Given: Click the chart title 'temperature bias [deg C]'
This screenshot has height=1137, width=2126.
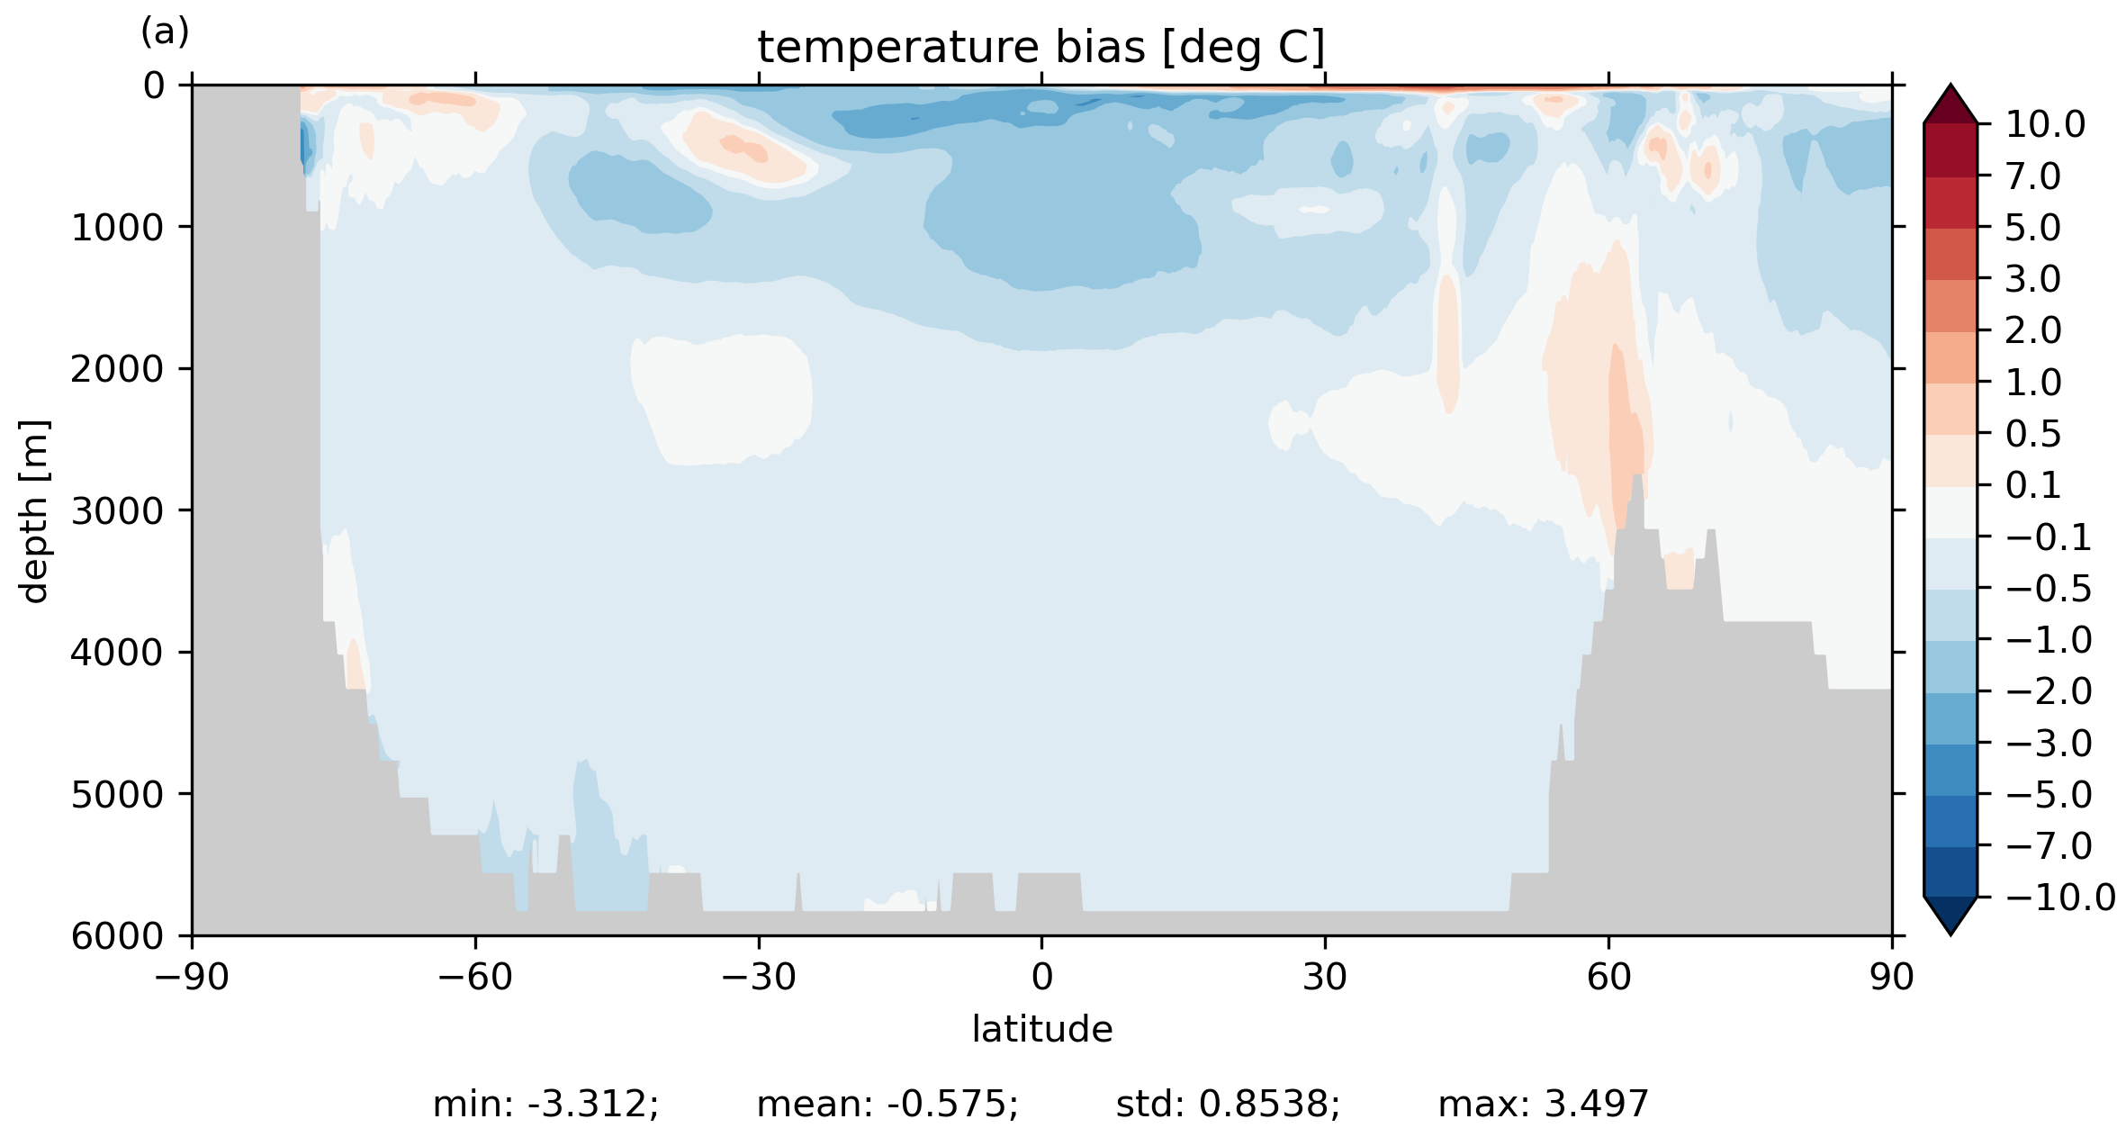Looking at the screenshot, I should [x=1040, y=48].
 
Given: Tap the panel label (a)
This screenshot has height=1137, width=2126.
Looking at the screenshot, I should [x=165, y=32].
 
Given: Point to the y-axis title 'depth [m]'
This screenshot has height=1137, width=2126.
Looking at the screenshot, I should [x=34, y=510].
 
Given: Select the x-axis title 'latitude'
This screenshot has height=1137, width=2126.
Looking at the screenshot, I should [x=1041, y=1029].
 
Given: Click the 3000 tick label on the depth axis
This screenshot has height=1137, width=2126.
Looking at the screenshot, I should [x=117, y=511].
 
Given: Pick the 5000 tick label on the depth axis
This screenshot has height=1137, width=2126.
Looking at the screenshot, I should [x=117, y=795].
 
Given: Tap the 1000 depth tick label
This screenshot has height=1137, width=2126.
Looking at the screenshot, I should [x=117, y=228].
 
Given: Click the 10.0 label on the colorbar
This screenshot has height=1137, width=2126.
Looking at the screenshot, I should [x=2044, y=125].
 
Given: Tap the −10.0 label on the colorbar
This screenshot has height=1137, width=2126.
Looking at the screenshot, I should [x=2060, y=898].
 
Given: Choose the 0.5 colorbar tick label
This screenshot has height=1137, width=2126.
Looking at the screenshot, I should [x=2032, y=435].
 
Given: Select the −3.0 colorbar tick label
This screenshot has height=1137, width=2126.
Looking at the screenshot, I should [x=2049, y=744].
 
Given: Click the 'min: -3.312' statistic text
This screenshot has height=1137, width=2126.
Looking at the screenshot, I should [x=545, y=1105].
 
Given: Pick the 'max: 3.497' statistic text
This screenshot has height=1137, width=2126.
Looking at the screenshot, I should [x=1543, y=1105].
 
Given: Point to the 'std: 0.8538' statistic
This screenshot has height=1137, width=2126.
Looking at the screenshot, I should [x=1228, y=1105].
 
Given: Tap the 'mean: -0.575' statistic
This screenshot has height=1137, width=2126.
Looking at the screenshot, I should [x=887, y=1105].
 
